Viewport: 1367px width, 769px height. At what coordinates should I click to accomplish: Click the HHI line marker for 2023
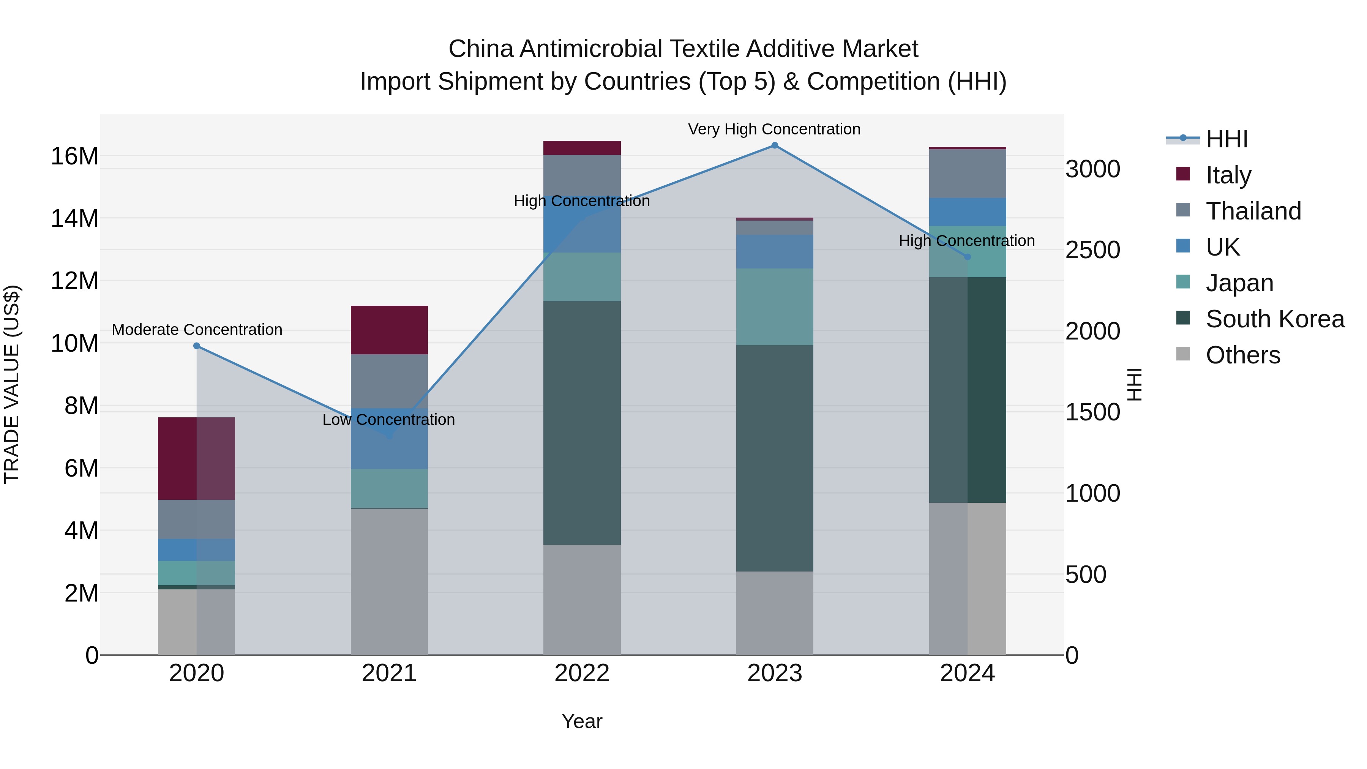click(x=774, y=145)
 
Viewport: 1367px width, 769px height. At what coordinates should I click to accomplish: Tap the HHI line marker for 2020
click(x=197, y=346)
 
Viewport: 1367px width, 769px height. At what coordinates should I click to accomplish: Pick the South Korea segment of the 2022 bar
click(x=582, y=423)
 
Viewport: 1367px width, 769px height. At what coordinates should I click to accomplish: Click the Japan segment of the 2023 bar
click(x=774, y=307)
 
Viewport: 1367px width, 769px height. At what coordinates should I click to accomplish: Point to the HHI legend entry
click(x=1226, y=139)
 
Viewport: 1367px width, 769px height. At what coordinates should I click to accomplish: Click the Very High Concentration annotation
click(x=774, y=129)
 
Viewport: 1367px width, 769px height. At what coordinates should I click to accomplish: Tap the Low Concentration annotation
click(x=388, y=420)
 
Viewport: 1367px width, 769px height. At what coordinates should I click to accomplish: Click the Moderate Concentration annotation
click(x=197, y=330)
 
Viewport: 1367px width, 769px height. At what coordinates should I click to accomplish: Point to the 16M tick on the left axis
click(x=74, y=156)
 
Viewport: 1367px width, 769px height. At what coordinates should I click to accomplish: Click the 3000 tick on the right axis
click(x=1092, y=169)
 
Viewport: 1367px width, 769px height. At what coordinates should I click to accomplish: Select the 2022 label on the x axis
click(x=582, y=673)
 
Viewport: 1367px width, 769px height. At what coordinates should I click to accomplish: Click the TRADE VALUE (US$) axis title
click(x=12, y=384)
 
